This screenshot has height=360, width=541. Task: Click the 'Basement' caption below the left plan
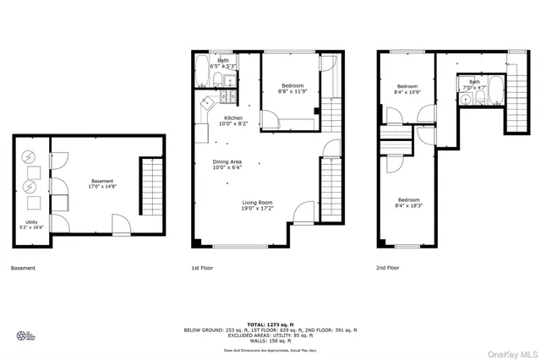point(23,268)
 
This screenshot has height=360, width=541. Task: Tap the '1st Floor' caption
point(200,268)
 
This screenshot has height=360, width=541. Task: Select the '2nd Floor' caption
point(387,268)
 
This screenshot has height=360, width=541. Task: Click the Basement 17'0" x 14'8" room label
point(102,184)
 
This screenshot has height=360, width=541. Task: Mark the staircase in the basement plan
point(150,183)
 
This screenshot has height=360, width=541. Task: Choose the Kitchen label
point(232,121)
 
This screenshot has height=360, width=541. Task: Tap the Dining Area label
point(227,165)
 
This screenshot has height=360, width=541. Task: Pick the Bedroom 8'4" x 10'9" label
point(407,89)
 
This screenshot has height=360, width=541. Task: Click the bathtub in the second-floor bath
point(495,90)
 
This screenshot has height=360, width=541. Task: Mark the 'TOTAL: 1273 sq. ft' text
point(270,324)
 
